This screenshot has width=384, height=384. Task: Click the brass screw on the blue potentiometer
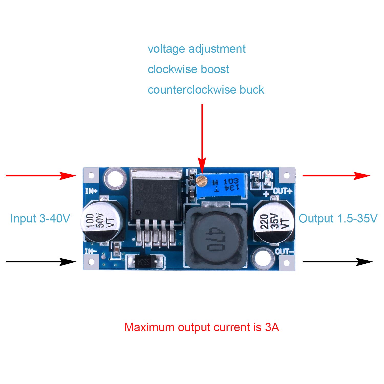(x=201, y=180)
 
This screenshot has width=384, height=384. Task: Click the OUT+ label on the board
(x=282, y=191)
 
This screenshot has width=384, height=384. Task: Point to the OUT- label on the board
(x=284, y=251)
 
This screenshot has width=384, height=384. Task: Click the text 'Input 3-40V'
(x=40, y=219)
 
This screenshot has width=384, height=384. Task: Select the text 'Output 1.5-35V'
(x=338, y=219)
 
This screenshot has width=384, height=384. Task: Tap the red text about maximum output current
(x=201, y=327)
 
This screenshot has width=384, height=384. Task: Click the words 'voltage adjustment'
(x=197, y=49)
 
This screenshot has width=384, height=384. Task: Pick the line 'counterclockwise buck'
(x=206, y=90)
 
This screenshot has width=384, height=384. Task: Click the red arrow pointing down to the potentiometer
(x=202, y=138)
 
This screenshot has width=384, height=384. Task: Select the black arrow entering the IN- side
(x=41, y=262)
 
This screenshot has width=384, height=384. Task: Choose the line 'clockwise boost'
(x=188, y=69)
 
